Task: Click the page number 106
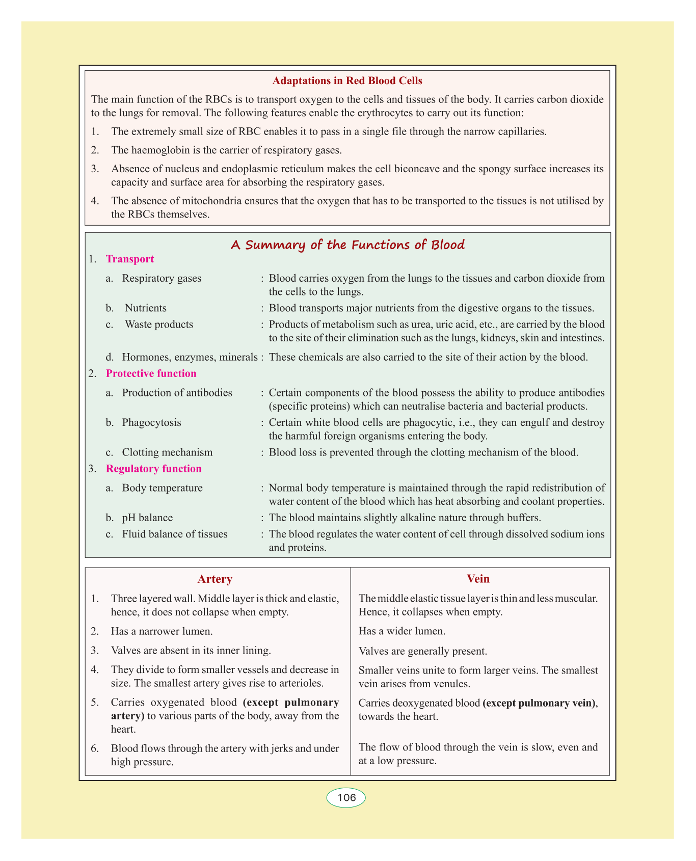346,798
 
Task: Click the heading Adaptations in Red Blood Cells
347,80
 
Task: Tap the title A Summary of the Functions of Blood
347,245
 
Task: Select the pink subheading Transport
129,259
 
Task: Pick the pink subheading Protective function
151,373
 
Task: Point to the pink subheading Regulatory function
153,469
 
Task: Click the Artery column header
215,579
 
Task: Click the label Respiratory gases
162,279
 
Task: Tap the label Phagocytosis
151,423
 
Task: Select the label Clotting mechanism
167,452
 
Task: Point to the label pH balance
147,518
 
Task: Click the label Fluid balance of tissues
175,534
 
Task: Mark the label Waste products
159,325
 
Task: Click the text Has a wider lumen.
402,631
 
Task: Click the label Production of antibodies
177,393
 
